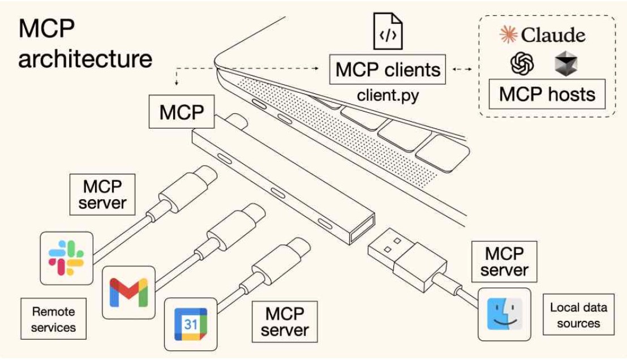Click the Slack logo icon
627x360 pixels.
click(67, 258)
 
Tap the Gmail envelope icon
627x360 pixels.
click(128, 292)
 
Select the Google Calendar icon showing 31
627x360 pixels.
click(190, 324)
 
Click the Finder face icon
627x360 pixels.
click(504, 314)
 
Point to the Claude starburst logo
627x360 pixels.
click(508, 35)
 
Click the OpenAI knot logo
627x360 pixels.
click(522, 64)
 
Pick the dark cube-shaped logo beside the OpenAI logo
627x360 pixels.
click(565, 64)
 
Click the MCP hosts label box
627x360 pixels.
click(547, 94)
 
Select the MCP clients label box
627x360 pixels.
click(388, 70)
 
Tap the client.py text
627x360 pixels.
click(388, 95)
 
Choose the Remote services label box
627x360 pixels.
click(54, 319)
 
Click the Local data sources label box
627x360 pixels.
click(578, 315)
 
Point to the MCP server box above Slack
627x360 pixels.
click(102, 195)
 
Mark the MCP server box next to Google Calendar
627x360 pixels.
click(285, 322)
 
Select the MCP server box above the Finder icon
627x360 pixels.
click(504, 262)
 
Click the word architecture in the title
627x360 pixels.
click(85, 58)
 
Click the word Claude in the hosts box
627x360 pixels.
click(553, 35)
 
